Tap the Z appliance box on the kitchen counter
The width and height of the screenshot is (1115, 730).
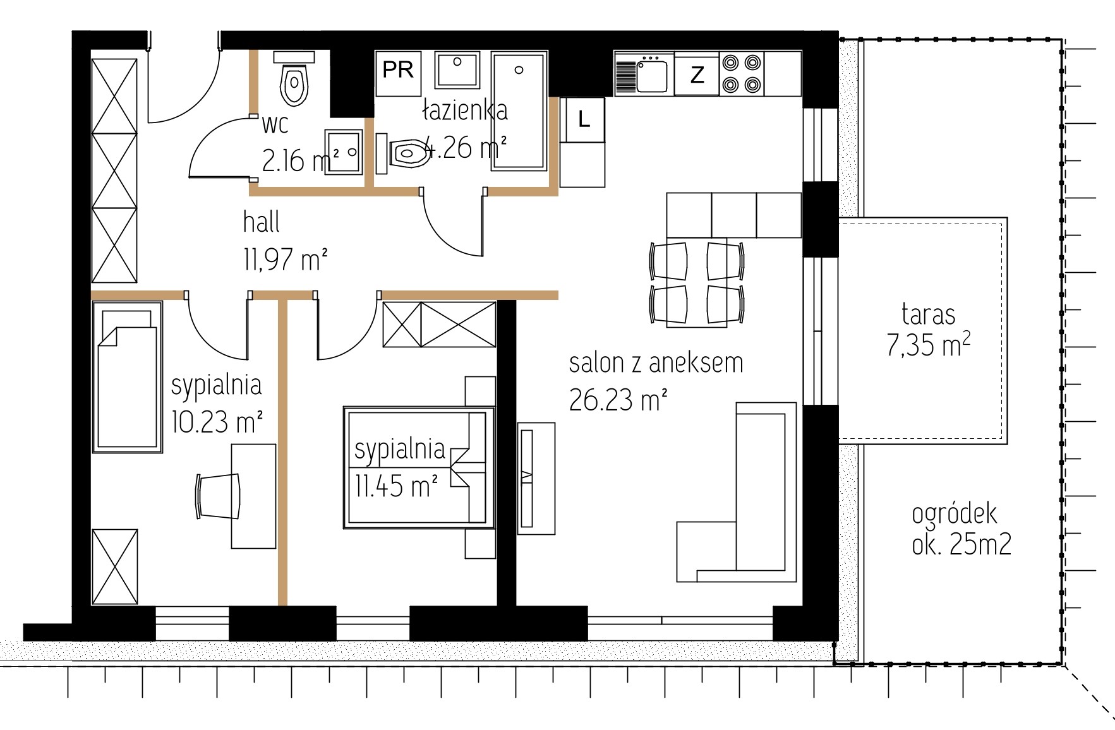point(697,75)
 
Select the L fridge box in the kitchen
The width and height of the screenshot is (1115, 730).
point(583,119)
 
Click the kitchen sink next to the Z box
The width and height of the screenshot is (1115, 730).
point(644,75)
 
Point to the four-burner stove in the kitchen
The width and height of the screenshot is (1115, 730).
point(741,74)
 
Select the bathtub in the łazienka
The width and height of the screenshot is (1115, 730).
point(519,111)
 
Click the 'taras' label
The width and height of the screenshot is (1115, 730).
point(928,314)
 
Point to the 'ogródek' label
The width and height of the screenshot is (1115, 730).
point(954,513)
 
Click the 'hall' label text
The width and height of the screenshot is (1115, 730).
point(261,222)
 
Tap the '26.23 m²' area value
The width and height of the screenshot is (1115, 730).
point(618,399)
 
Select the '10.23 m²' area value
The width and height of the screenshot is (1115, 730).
point(217,421)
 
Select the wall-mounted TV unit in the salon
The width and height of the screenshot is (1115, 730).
point(536,478)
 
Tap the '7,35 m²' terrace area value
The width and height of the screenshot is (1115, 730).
point(928,345)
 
